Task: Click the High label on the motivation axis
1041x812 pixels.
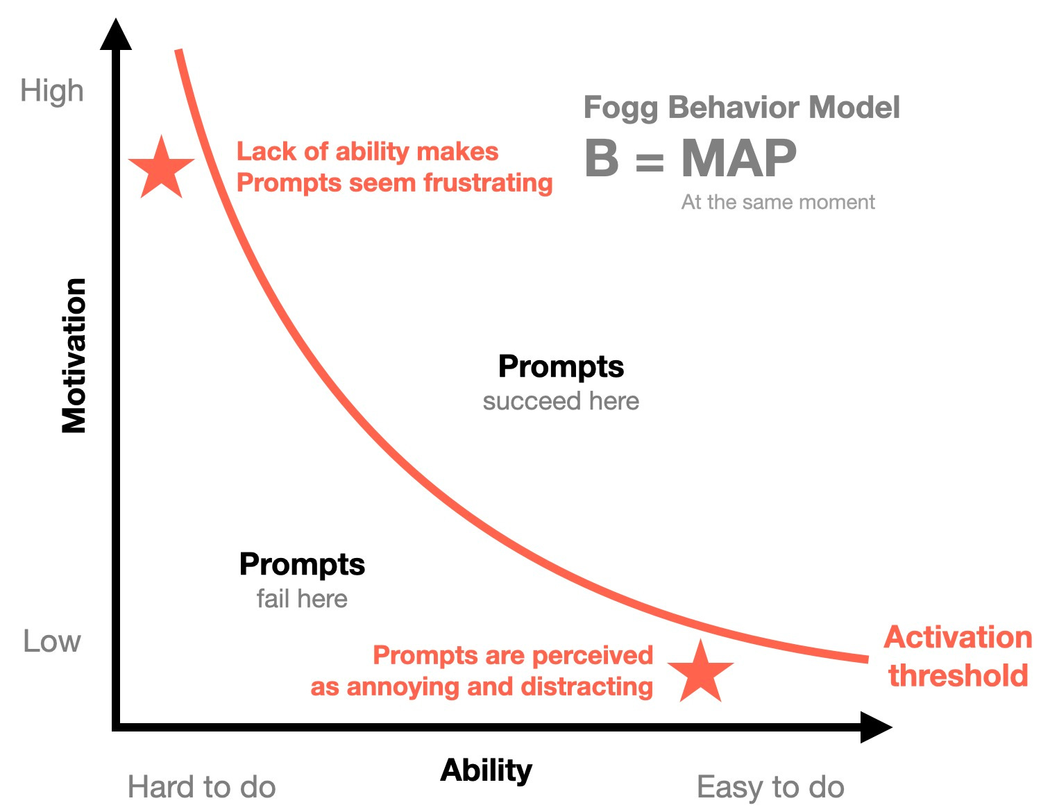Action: point(52,91)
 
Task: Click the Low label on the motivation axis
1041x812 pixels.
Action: point(52,641)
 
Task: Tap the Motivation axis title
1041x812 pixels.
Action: point(74,355)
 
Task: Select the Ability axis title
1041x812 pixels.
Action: point(486,770)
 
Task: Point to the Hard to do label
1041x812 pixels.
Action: point(201,788)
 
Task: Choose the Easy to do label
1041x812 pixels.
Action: point(770,788)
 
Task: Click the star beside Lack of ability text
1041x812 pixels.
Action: point(162,169)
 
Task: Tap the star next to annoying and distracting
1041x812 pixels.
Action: point(701,672)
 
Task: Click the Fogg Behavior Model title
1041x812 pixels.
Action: point(741,108)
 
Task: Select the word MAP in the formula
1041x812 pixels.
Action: point(738,158)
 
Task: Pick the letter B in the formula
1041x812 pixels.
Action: point(601,158)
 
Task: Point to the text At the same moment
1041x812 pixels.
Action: point(778,202)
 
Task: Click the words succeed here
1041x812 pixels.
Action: point(561,401)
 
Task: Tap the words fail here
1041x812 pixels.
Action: point(302,599)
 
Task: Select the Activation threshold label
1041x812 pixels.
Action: point(958,656)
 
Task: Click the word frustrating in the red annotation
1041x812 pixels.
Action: point(488,183)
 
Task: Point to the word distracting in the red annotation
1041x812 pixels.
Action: point(586,686)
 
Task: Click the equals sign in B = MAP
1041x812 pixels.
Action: point(650,162)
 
